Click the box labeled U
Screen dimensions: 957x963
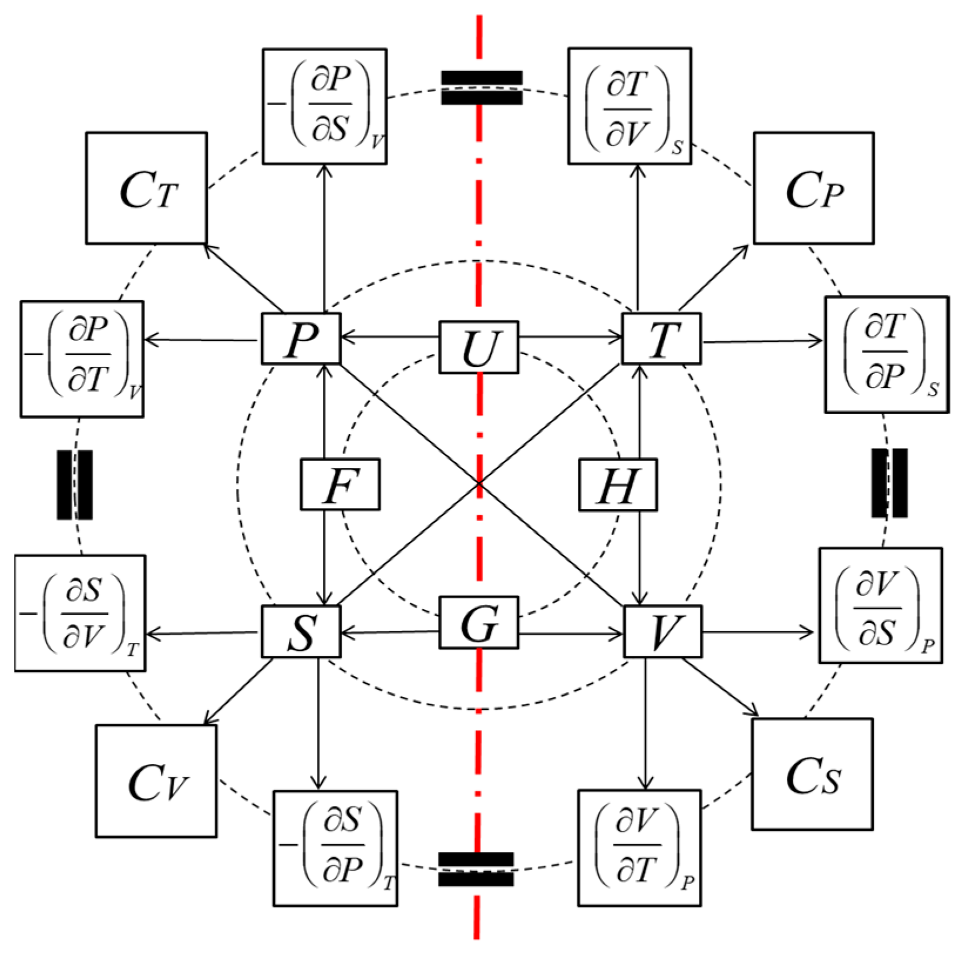[x=479, y=347]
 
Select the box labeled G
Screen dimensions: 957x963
[x=479, y=623]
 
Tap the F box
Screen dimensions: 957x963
[x=340, y=484]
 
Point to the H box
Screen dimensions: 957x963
[x=618, y=485]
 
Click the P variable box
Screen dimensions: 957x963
[x=301, y=339]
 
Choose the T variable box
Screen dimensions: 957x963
[x=661, y=339]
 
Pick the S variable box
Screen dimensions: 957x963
[x=301, y=632]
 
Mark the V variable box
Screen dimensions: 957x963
[x=662, y=632]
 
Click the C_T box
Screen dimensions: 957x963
[x=147, y=188]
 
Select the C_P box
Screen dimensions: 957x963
[x=814, y=188]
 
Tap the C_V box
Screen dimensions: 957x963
[x=156, y=781]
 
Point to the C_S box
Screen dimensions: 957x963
[x=813, y=774]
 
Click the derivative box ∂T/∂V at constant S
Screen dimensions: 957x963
[x=629, y=106]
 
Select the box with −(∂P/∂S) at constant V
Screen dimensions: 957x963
[x=325, y=106]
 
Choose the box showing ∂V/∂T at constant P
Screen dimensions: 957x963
[x=639, y=848]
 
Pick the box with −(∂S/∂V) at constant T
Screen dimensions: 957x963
[x=80, y=613]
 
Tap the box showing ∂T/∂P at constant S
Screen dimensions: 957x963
[x=887, y=355]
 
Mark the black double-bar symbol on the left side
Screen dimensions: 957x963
[x=75, y=485]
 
